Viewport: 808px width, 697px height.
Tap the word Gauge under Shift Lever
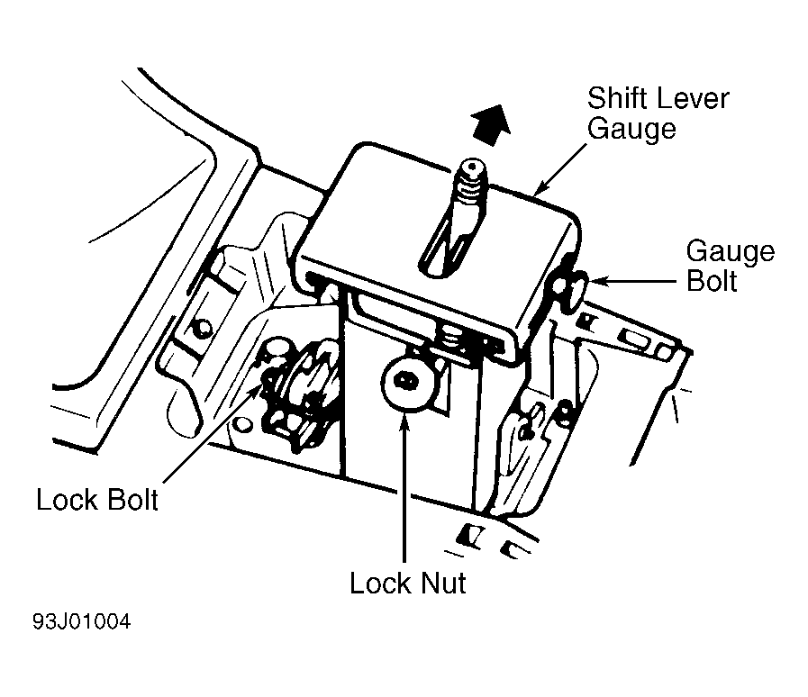(x=631, y=129)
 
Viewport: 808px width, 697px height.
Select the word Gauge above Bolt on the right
(x=731, y=252)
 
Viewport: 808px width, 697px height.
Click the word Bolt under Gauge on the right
(x=712, y=281)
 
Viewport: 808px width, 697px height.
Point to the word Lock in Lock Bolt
(x=67, y=499)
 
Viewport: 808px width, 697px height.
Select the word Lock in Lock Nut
(x=380, y=583)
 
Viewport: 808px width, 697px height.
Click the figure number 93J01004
(x=81, y=621)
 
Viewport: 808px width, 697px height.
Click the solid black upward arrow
(x=491, y=124)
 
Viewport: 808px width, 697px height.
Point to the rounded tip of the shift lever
(x=473, y=167)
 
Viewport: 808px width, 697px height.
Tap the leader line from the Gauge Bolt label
(x=632, y=281)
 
